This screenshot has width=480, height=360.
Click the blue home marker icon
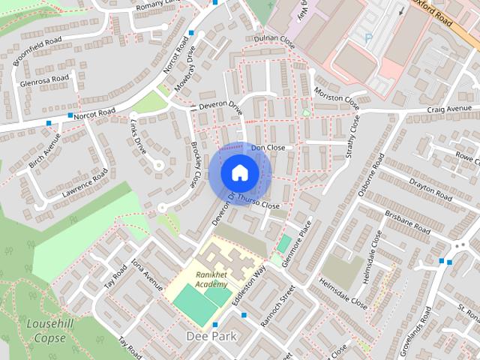point(239,172)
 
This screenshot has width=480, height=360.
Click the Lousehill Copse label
point(50,331)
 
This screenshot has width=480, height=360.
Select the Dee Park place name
point(211,337)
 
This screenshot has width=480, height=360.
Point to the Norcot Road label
point(94,113)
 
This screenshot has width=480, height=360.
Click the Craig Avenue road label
point(450,109)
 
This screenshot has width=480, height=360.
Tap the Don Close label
point(268,148)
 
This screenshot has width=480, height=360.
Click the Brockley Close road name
point(194,164)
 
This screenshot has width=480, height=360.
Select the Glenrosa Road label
point(44,79)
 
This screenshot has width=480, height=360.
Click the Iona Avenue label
point(147,275)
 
